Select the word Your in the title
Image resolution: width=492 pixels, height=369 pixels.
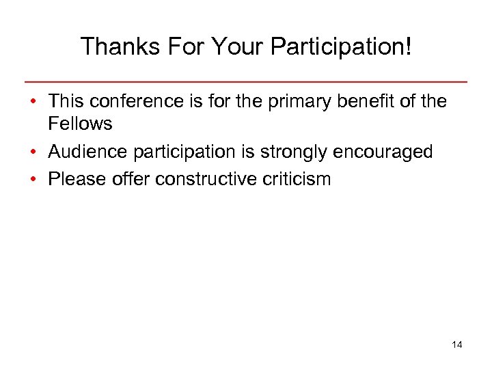(x=236, y=46)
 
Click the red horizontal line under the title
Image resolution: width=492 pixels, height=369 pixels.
(x=246, y=82)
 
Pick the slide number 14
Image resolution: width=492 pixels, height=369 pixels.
(x=457, y=344)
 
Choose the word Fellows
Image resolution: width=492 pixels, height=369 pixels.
(x=80, y=124)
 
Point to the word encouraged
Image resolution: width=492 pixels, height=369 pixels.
(x=385, y=152)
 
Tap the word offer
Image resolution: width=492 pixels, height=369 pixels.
(x=130, y=179)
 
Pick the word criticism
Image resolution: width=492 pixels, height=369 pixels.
(x=299, y=179)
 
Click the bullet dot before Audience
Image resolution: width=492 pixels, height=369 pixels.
(x=33, y=152)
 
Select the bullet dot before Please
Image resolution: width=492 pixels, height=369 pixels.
(x=33, y=179)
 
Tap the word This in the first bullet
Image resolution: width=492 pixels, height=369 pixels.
(x=66, y=102)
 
